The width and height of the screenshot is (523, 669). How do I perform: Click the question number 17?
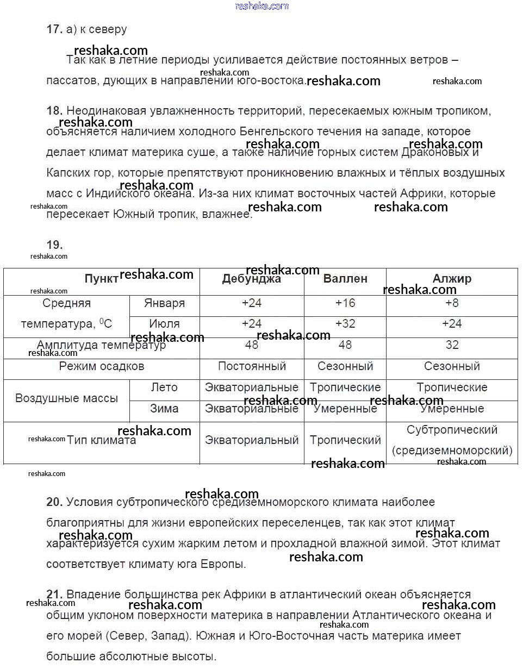(x=54, y=29)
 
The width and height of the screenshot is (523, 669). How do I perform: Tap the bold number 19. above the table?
(x=54, y=245)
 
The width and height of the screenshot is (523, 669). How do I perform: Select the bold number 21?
(x=54, y=594)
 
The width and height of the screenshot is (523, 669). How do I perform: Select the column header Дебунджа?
(x=251, y=279)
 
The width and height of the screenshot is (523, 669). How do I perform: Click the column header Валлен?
(x=345, y=279)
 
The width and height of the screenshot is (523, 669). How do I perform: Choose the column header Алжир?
(x=452, y=279)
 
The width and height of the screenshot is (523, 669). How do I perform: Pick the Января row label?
(x=164, y=303)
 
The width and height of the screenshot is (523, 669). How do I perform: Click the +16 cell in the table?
(x=345, y=303)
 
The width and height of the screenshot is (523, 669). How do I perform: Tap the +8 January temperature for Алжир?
(x=452, y=303)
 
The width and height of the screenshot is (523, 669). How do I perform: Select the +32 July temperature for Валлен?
(x=345, y=324)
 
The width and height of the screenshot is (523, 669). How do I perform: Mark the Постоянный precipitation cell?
(x=252, y=366)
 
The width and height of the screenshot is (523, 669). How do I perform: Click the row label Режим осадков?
(x=102, y=366)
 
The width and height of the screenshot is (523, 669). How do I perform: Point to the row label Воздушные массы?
(x=66, y=398)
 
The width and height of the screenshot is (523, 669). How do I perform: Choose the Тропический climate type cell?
(x=345, y=440)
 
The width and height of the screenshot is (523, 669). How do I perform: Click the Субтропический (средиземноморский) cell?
(x=452, y=440)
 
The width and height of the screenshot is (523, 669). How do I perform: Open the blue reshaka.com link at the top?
(x=261, y=6)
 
